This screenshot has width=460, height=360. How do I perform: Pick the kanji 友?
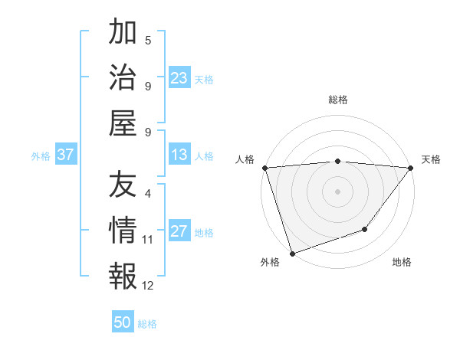pos(123,185)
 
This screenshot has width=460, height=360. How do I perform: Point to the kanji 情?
pos(123,229)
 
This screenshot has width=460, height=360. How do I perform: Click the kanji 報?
pos(123,273)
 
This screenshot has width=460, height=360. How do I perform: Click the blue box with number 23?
pos(179,77)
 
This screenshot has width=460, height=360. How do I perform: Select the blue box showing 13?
pos(179,155)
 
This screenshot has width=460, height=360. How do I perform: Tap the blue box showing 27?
pos(179,231)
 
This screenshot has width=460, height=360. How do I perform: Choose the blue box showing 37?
pos(66,155)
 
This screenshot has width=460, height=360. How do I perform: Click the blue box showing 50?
pos(123,322)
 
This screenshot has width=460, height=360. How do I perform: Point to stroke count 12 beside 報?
pos(148,286)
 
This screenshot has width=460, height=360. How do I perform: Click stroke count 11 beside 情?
pos(148,240)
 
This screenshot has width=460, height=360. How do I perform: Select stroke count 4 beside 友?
pos(148,195)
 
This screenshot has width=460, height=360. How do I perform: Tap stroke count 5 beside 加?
pos(148,41)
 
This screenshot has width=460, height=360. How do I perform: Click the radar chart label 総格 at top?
pos(337,100)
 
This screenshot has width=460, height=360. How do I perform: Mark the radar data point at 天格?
pos(410,168)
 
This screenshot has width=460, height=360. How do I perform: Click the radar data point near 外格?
pos(292,253)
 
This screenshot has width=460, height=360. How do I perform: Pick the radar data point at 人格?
pos(264,168)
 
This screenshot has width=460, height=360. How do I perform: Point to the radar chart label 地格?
pos(402,262)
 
